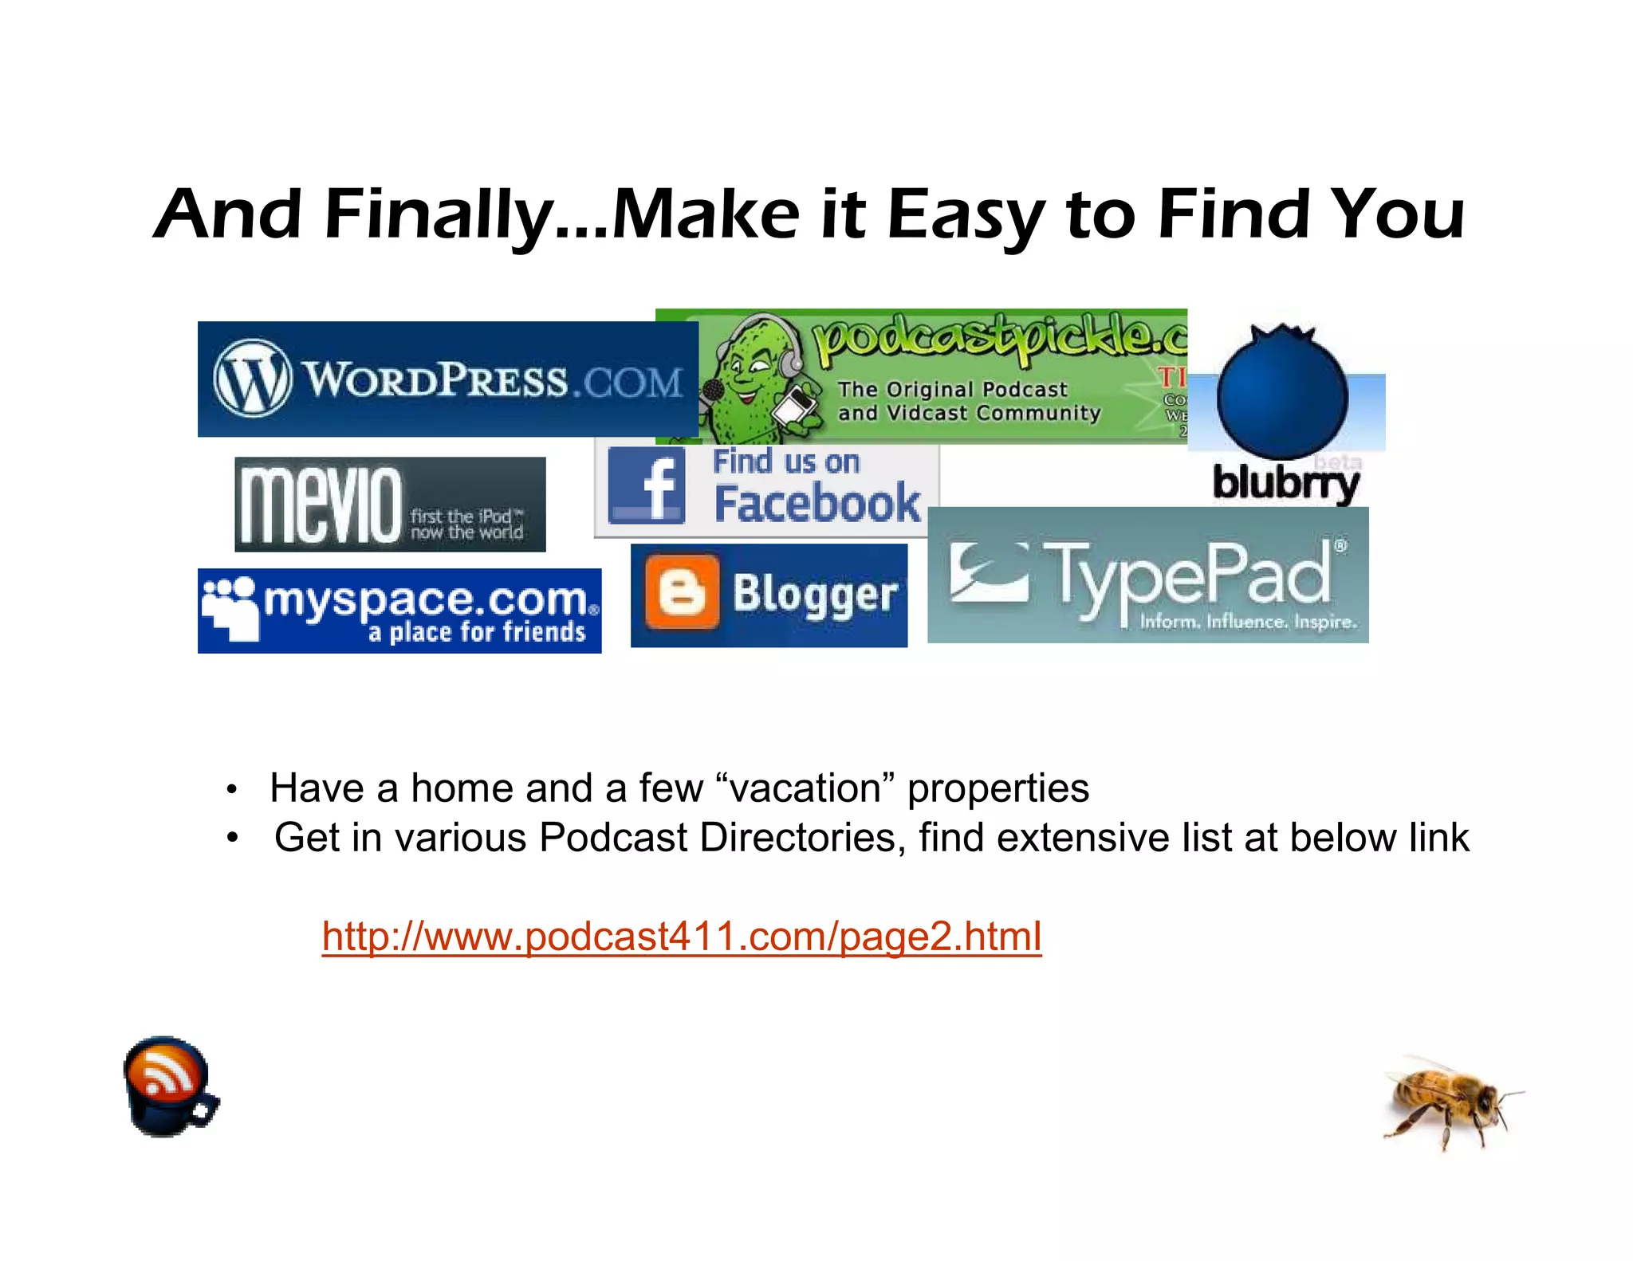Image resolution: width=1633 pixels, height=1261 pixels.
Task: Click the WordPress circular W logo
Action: tap(252, 378)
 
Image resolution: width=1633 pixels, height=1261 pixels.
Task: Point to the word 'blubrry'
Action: tap(1285, 483)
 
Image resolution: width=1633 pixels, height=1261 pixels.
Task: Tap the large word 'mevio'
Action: tap(321, 505)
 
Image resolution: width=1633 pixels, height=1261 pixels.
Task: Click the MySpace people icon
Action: tap(230, 607)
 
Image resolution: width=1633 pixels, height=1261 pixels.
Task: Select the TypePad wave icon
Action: tap(990, 572)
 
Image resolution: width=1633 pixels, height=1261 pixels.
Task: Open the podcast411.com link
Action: tap(682, 936)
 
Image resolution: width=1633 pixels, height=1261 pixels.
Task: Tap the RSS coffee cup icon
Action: tap(169, 1086)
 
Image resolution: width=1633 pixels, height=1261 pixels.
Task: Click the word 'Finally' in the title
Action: tap(438, 214)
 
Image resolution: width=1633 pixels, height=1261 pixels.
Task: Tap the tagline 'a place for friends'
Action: tap(477, 633)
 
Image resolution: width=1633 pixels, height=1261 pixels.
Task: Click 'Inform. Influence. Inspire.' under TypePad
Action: tap(1248, 622)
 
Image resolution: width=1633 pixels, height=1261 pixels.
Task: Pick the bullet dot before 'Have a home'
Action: tap(231, 790)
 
